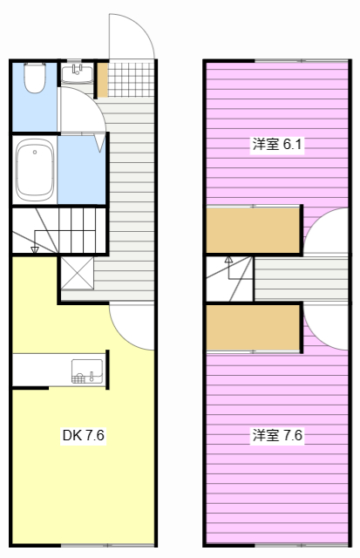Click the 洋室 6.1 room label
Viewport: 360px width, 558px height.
click(x=277, y=146)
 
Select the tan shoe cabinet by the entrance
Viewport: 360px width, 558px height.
click(x=102, y=79)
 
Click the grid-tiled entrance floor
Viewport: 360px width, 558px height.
click(x=130, y=79)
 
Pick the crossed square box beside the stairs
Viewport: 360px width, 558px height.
click(x=77, y=273)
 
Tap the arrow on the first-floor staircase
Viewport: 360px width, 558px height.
click(x=35, y=248)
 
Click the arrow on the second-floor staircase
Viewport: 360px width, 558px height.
click(x=228, y=260)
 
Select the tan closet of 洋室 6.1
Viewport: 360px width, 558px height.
click(x=253, y=230)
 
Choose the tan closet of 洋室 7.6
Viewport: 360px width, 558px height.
click(x=253, y=327)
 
